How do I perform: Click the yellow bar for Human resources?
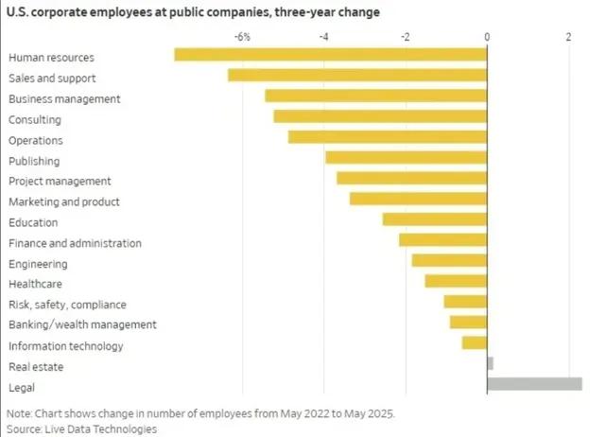point(331,55)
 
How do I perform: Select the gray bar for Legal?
point(534,384)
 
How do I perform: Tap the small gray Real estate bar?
point(490,363)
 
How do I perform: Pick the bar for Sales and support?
point(357,76)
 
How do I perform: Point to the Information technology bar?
point(475,342)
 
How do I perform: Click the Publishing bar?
point(406,157)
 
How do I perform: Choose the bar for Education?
point(435,219)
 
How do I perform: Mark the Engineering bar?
point(449,260)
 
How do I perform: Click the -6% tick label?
point(243,37)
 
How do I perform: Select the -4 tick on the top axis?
point(323,37)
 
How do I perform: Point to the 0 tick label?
point(487,37)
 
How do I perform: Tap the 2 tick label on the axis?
point(568,37)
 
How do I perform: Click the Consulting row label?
point(35,120)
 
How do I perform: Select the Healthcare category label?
point(36,283)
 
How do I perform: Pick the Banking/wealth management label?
point(82,324)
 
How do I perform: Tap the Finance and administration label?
point(75,243)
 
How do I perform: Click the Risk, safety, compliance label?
point(67,305)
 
